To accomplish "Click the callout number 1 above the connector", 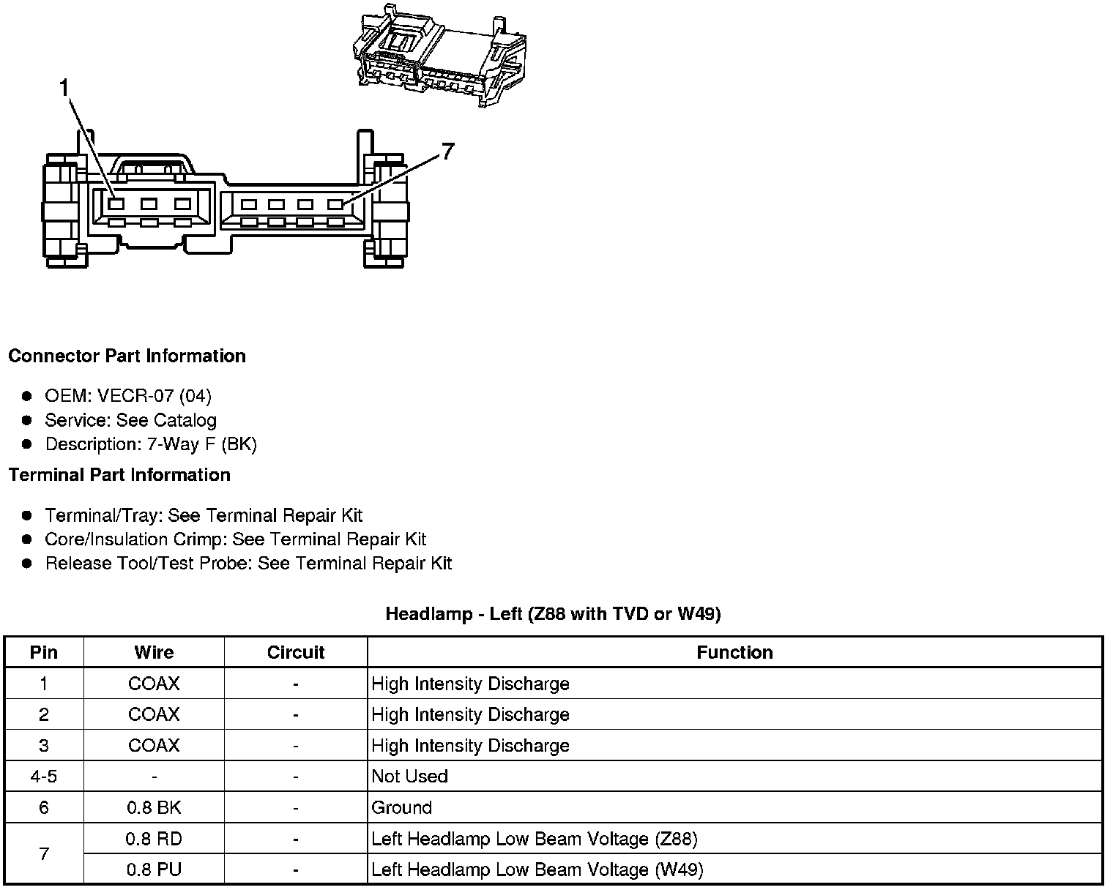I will click(x=64, y=89).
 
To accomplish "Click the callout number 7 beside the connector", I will click(x=447, y=152).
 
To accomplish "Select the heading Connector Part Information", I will click(x=127, y=356).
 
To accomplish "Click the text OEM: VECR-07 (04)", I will click(x=128, y=396).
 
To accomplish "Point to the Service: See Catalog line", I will click(x=130, y=420).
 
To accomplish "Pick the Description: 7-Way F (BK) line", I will click(x=151, y=444).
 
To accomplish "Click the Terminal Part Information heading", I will click(x=119, y=475).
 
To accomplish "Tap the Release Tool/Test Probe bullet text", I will click(x=248, y=564).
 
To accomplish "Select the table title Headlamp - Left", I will click(x=553, y=613).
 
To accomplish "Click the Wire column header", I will click(x=154, y=653).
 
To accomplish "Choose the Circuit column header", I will click(x=295, y=653).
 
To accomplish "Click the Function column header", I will click(x=734, y=653).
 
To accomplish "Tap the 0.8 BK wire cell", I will click(x=154, y=808).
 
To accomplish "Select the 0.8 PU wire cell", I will click(x=154, y=870).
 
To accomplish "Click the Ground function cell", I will click(x=402, y=808).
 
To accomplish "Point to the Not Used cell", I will click(x=409, y=777).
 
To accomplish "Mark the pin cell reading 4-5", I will click(x=44, y=777).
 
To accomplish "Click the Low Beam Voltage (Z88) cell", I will click(x=534, y=839).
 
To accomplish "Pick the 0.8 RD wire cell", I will click(x=154, y=839).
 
